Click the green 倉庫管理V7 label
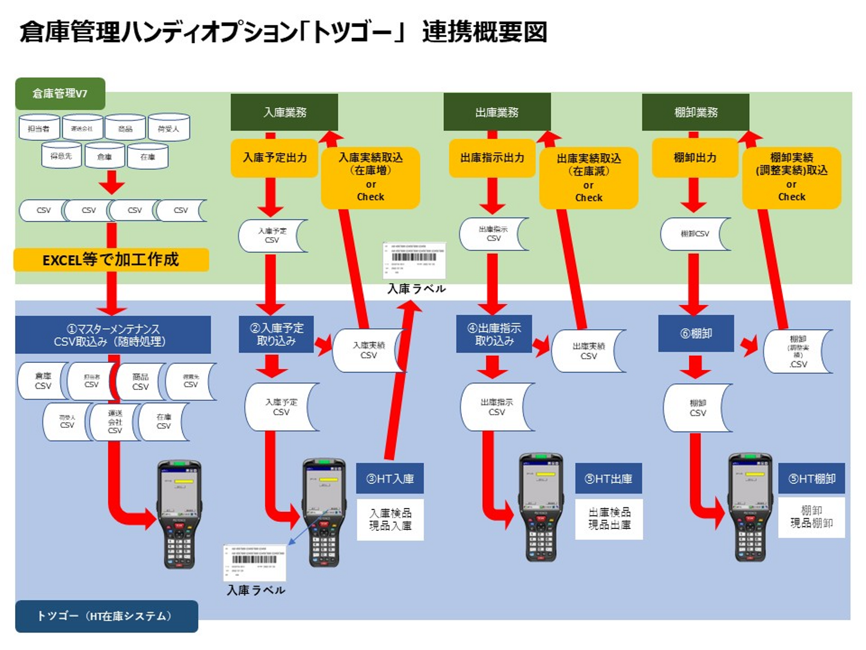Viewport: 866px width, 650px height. [x=60, y=93]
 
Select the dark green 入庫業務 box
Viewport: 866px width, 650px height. [x=284, y=112]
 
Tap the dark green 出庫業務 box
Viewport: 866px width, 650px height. [x=497, y=112]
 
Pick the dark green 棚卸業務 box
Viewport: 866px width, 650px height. [x=695, y=112]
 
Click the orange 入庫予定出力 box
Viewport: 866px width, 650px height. [x=275, y=158]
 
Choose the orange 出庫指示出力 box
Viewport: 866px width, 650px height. [x=492, y=158]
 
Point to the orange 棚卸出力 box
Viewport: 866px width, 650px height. [x=695, y=158]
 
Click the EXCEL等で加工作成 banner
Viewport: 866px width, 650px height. [x=111, y=259]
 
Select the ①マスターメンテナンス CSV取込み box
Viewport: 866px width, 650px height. [x=113, y=335]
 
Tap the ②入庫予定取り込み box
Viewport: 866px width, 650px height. [x=276, y=334]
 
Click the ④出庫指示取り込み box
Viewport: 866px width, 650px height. [x=494, y=334]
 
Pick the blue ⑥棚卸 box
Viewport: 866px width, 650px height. [x=696, y=333]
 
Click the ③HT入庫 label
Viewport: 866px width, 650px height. [x=390, y=478]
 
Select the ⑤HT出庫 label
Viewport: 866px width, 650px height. [x=608, y=478]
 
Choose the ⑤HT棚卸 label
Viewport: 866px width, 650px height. [x=811, y=478]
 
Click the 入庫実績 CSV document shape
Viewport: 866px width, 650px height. [x=367, y=350]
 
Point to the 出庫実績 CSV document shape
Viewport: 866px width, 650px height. [x=588, y=351]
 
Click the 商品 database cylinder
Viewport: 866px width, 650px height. [x=125, y=128]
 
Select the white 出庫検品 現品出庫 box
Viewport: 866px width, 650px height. [x=609, y=518]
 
